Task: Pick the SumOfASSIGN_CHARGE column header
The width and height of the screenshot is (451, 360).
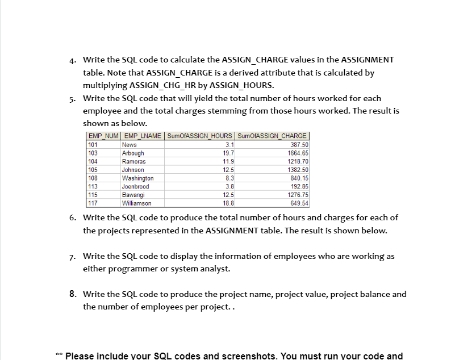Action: pyautogui.click(x=272, y=136)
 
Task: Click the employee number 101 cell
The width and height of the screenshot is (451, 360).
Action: pyautogui.click(x=93, y=145)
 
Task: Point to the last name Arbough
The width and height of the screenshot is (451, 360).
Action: pyautogui.click(x=133, y=153)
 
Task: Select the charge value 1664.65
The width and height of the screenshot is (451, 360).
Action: pyautogui.click(x=298, y=153)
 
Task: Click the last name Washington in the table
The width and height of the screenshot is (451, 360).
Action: pyautogui.click(x=137, y=178)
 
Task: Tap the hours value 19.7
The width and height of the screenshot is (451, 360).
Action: pyautogui.click(x=227, y=153)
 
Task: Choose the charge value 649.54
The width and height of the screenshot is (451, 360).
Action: pyautogui.click(x=299, y=203)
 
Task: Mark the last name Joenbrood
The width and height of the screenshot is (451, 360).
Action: pyautogui.click(x=135, y=186)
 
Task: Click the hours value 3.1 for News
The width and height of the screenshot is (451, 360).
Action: pyautogui.click(x=228, y=145)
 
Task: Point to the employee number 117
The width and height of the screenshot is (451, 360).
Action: pyautogui.click(x=93, y=203)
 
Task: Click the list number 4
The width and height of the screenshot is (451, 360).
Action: pyautogui.click(x=72, y=60)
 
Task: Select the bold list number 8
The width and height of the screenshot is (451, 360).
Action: pyautogui.click(x=72, y=294)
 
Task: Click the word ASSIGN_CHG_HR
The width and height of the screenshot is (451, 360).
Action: pyautogui.click(x=176, y=86)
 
